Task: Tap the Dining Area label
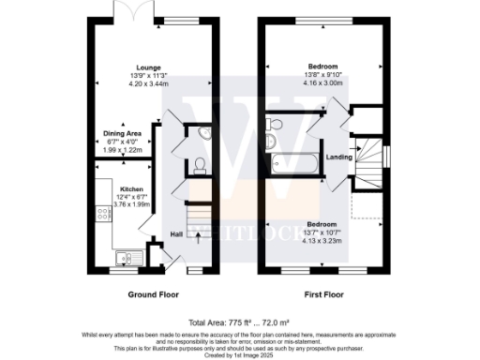tap(123, 133)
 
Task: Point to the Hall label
tap(176, 234)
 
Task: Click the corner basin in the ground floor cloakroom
tap(204, 136)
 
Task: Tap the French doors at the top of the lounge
tap(125, 11)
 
